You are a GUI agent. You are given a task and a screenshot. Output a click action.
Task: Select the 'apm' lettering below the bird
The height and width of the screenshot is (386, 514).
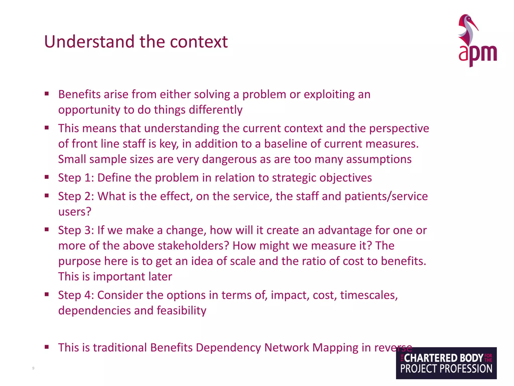pos(477,54)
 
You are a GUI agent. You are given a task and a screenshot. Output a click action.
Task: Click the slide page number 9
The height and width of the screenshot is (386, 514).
pos(33,368)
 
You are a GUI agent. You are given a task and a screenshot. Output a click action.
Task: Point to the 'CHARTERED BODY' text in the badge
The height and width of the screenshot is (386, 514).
pos(443,358)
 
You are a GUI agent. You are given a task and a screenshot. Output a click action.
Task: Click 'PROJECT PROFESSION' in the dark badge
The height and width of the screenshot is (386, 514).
pos(446,369)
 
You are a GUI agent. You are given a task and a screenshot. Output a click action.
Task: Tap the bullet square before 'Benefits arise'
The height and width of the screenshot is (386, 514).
pos(47,94)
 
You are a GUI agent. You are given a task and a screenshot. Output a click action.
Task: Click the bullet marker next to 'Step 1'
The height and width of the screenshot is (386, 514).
pos(47,177)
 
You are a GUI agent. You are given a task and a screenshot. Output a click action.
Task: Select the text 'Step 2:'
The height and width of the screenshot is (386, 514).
pos(76,196)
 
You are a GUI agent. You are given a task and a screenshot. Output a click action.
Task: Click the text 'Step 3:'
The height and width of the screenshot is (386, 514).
pos(76,230)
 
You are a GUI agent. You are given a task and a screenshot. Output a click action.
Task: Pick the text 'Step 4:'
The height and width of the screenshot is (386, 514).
pos(76,295)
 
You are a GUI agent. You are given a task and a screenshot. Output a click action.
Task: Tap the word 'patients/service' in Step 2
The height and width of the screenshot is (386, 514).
pos(386,196)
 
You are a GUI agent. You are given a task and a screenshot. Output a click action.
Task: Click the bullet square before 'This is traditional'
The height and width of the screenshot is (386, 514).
pos(47,347)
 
